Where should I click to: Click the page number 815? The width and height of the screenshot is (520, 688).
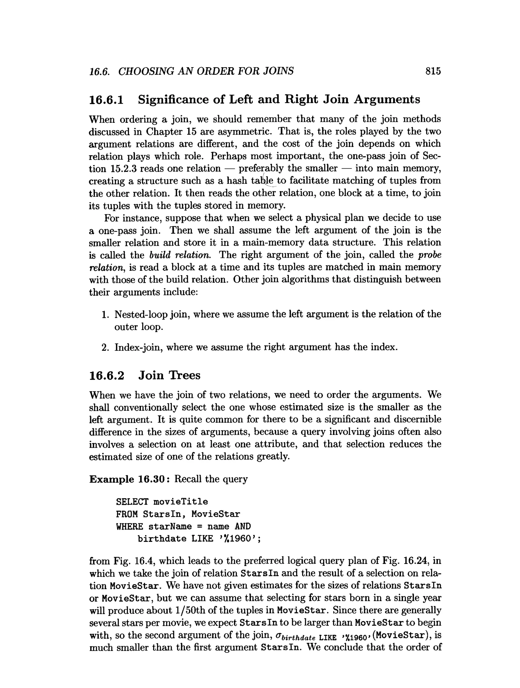433,71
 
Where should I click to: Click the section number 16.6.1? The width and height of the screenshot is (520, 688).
106,100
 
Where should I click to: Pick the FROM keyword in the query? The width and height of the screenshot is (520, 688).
126,514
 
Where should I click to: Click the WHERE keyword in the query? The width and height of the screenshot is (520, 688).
129,526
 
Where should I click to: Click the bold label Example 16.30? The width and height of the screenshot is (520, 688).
129,479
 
